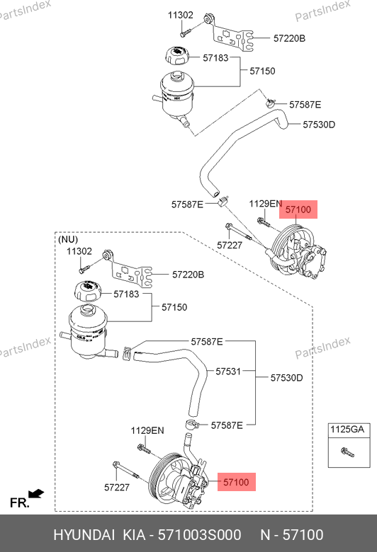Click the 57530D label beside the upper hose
[x=319, y=125]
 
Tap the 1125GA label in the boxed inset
[x=347, y=430]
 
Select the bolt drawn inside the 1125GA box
[x=347, y=452]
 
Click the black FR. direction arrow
[x=36, y=493]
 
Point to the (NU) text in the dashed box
[x=68, y=239]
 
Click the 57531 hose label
[x=228, y=372]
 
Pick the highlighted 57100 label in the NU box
[x=236, y=482]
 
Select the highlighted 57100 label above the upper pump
[x=298, y=209]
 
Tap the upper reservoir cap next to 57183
[x=177, y=56]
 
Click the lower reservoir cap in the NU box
[x=87, y=291]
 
